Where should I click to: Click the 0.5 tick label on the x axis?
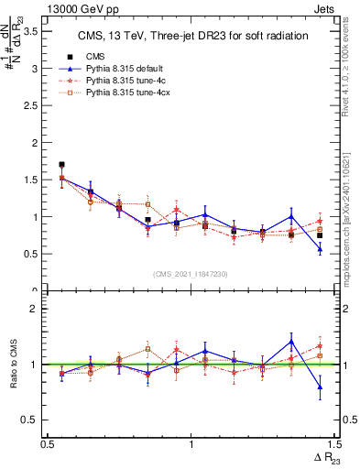point(48,444)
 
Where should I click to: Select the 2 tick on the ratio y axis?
point(35,309)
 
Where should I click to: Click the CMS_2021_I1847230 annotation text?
point(190,273)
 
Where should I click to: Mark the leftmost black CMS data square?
point(61,165)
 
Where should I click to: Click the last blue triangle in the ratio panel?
point(320,387)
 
